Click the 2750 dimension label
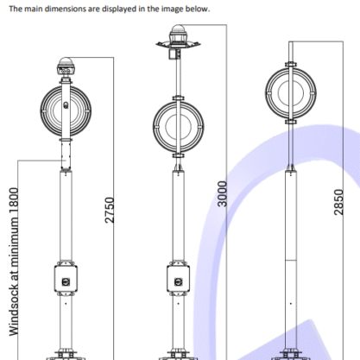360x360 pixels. [x=110, y=210]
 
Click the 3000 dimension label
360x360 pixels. [x=222, y=193]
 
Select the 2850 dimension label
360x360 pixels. [x=338, y=202]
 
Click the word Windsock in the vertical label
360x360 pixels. [x=14, y=309]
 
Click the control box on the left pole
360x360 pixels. [x=66, y=279]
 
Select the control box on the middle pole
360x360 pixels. [x=179, y=279]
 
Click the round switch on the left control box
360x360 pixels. [x=66, y=281]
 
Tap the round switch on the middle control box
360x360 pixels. [x=179, y=281]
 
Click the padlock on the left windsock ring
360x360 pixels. [x=66, y=105]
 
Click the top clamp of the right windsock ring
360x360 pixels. [x=291, y=65]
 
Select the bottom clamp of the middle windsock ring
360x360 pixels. [x=179, y=155]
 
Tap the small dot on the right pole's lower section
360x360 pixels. [x=291, y=304]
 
